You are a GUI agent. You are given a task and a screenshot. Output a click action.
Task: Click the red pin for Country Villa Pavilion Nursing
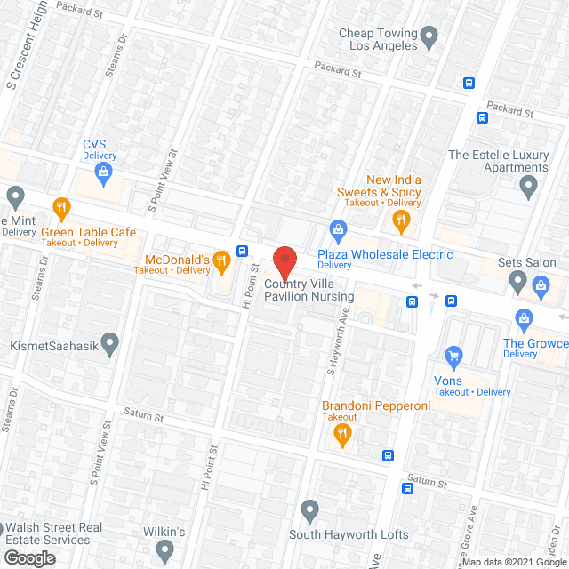pyautogui.click(x=284, y=262)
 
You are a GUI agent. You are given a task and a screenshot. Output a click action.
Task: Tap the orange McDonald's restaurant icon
pyautogui.click(x=222, y=260)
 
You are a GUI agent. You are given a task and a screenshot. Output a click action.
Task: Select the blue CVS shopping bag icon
pyautogui.click(x=104, y=171)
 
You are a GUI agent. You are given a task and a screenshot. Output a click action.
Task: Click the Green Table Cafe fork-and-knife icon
pyautogui.click(x=61, y=210)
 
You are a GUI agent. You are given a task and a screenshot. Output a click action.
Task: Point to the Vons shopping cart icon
pyautogui.click(x=454, y=357)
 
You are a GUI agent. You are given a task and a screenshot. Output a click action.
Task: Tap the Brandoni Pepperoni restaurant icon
pyautogui.click(x=341, y=434)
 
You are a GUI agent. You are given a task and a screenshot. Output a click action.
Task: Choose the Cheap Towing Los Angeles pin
pyautogui.click(x=429, y=37)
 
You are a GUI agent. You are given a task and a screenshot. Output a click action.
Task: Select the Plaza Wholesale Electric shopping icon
pyautogui.click(x=338, y=232)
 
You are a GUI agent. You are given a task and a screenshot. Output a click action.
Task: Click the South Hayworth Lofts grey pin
pyautogui.click(x=309, y=510)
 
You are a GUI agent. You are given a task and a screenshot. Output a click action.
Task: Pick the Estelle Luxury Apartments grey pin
pyautogui.click(x=529, y=187)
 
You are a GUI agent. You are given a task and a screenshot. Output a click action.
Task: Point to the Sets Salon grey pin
pyautogui.click(x=518, y=283)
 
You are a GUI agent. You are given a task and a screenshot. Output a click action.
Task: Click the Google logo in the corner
pyautogui.click(x=28, y=557)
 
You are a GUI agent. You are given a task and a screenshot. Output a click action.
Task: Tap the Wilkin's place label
pyautogui.click(x=164, y=533)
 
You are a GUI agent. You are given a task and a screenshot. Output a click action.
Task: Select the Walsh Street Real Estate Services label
pyautogui.click(x=53, y=533)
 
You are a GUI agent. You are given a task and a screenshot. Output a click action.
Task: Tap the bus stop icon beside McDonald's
pyautogui.click(x=242, y=250)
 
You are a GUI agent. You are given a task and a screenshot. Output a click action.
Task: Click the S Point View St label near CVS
pyautogui.click(x=164, y=179)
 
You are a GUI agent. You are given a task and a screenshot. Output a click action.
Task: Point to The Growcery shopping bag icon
pyautogui.click(x=524, y=318)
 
